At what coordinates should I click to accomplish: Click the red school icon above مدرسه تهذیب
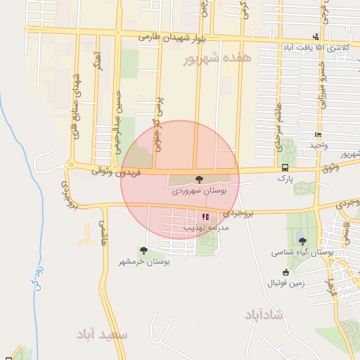[x=205, y=217]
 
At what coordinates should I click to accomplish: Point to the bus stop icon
[x=285, y=167]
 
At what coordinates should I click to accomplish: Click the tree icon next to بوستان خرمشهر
[x=144, y=250]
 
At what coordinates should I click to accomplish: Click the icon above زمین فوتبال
[x=285, y=273]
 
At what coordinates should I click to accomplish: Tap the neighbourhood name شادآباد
[x=266, y=314]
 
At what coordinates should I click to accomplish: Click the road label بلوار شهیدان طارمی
[x=169, y=37]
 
